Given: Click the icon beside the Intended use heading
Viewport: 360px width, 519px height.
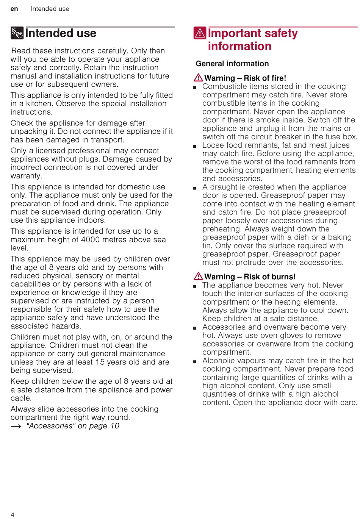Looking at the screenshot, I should pyautogui.click(x=17, y=33).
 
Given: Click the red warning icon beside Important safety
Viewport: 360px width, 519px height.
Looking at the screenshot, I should pyautogui.click(x=200, y=33).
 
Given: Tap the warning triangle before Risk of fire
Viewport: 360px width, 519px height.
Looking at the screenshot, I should pyautogui.click(x=198, y=78).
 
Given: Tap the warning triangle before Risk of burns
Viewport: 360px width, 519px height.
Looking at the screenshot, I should pyautogui.click(x=198, y=276).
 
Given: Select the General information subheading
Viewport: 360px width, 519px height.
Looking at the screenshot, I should pyautogui.click(x=232, y=64).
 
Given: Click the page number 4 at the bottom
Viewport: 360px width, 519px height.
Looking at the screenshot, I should pyautogui.click(x=13, y=514).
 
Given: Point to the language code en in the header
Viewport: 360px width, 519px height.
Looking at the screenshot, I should pyautogui.click(x=14, y=9).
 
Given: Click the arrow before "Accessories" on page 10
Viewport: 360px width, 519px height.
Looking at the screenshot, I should pyautogui.click(x=16, y=426).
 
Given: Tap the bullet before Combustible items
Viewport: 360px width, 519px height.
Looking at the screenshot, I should pyautogui.click(x=195, y=88).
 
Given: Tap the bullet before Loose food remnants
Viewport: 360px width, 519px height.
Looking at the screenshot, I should pyautogui.click(x=195, y=146).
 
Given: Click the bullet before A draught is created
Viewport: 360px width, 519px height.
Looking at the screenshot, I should pyautogui.click(x=195, y=188).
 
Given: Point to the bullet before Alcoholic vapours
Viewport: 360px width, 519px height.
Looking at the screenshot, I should pyautogui.click(x=195, y=362).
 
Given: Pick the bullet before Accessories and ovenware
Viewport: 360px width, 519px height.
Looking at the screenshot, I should pyautogui.click(x=195, y=328).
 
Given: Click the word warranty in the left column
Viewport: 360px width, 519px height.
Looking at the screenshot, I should pyautogui.click(x=26, y=176).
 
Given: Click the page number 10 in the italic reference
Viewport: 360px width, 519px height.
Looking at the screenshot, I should pyautogui.click(x=115, y=426).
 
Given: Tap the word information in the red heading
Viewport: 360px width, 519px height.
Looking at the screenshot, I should pyautogui.click(x=239, y=46).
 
